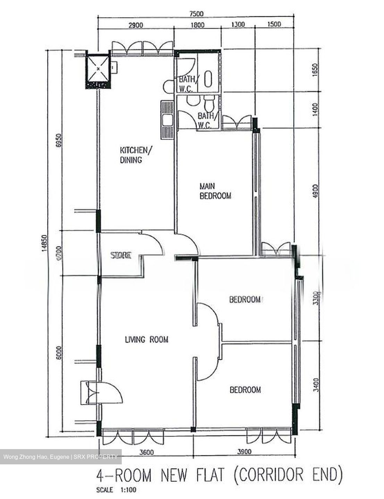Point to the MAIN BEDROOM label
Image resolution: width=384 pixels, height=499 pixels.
click(x=215, y=191)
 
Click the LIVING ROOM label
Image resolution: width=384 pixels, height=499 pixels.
click(x=146, y=340)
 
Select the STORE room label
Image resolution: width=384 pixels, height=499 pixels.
click(x=121, y=256)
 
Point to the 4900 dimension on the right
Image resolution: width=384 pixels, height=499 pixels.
click(x=315, y=191)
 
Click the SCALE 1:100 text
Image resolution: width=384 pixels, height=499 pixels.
click(x=117, y=490)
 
